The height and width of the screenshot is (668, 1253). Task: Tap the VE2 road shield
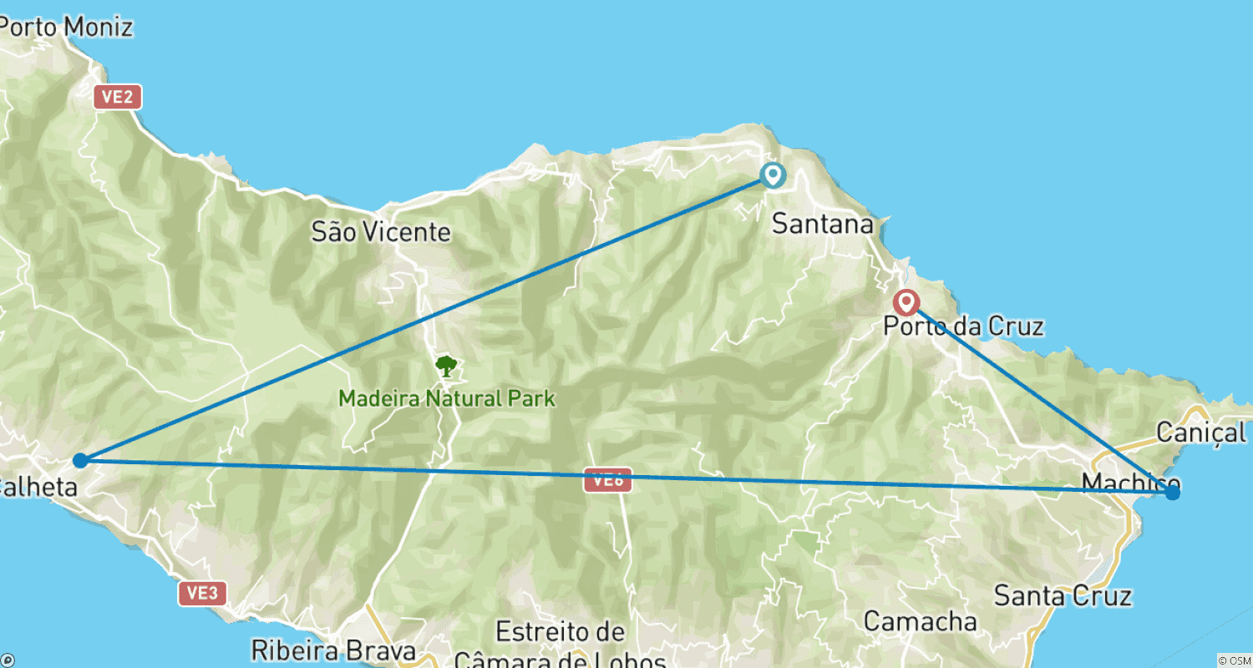pyautogui.click(x=117, y=97)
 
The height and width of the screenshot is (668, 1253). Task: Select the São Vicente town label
pyautogui.click(x=381, y=231)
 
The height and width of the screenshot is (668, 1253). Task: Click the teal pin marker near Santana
pyautogui.click(x=773, y=175)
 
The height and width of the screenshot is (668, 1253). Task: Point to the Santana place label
pyautogui.click(x=823, y=224)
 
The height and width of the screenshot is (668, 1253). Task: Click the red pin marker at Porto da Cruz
pyautogui.click(x=906, y=302)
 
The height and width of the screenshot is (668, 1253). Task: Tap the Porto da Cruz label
pyautogui.click(x=963, y=326)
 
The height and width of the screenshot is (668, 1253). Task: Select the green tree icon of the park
pyautogui.click(x=446, y=366)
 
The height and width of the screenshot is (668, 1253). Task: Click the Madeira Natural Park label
pyautogui.click(x=447, y=398)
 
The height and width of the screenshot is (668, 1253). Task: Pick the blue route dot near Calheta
pyautogui.click(x=80, y=460)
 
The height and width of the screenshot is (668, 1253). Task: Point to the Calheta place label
pyautogui.click(x=38, y=487)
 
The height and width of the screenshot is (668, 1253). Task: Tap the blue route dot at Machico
pyautogui.click(x=1173, y=493)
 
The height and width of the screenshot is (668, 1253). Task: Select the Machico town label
pyautogui.click(x=1130, y=483)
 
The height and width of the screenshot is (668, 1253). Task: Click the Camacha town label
pyautogui.click(x=920, y=621)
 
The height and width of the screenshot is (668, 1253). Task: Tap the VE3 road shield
pyautogui.click(x=202, y=593)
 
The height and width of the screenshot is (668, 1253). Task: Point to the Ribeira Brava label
pyautogui.click(x=333, y=650)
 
